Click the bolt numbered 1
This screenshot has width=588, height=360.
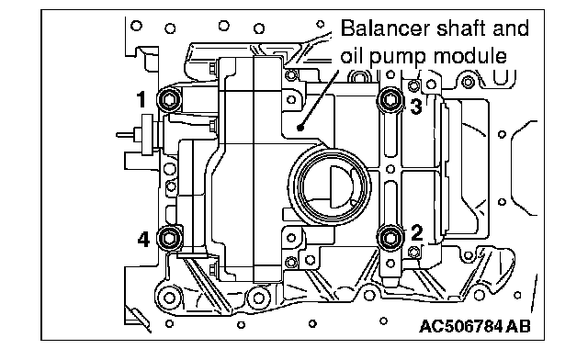coord(169,100)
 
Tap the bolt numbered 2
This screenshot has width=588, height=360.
coord(390,238)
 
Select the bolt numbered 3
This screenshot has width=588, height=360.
coord(390,100)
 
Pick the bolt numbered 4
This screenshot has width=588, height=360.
coord(169,238)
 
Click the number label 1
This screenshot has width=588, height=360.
coord(141,100)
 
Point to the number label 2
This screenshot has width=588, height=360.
coord(416,232)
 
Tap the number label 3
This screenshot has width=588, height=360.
coord(416,107)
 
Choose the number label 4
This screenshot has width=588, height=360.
coord(143,240)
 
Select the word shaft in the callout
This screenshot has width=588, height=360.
coord(462,28)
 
